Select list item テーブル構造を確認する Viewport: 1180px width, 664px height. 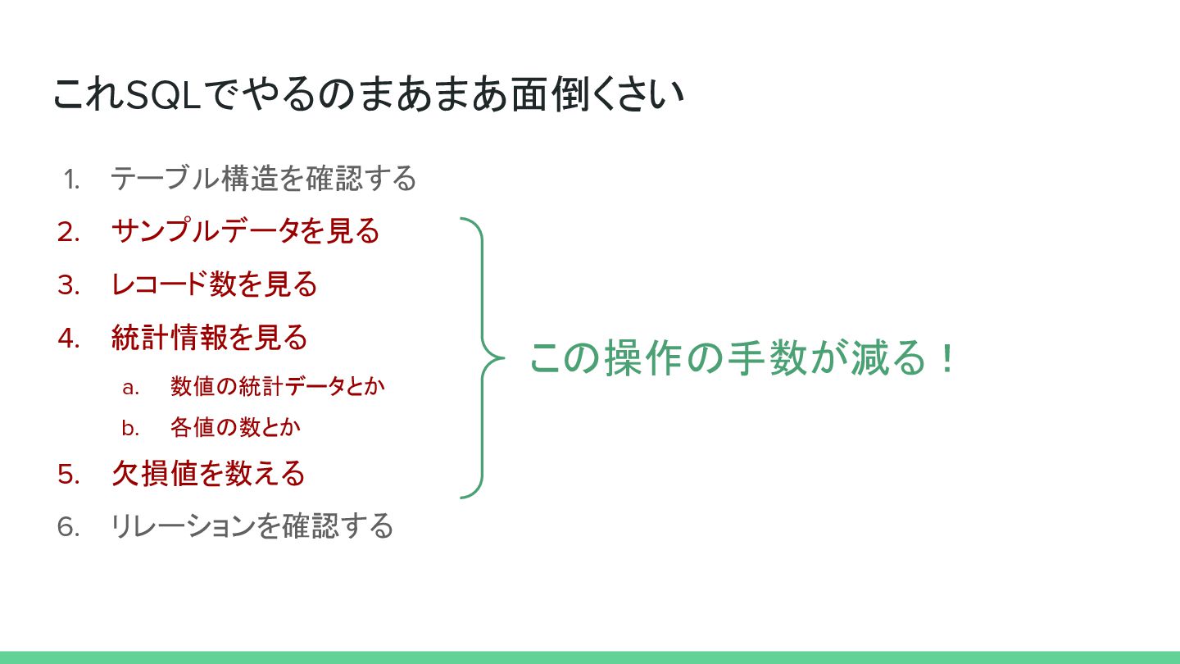click(x=264, y=178)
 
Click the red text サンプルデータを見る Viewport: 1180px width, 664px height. click(x=245, y=231)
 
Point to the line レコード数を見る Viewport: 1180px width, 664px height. click(x=214, y=284)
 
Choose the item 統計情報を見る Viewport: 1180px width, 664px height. click(x=209, y=338)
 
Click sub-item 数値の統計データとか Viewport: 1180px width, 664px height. click(x=278, y=387)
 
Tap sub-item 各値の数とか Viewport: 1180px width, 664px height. click(x=236, y=427)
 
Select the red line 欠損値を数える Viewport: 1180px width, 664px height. click(x=208, y=474)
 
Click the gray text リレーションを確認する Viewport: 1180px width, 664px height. click(x=252, y=526)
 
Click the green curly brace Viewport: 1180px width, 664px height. click(x=481, y=358)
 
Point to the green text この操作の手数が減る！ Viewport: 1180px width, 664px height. click(x=742, y=358)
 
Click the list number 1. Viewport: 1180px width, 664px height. click(x=71, y=179)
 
